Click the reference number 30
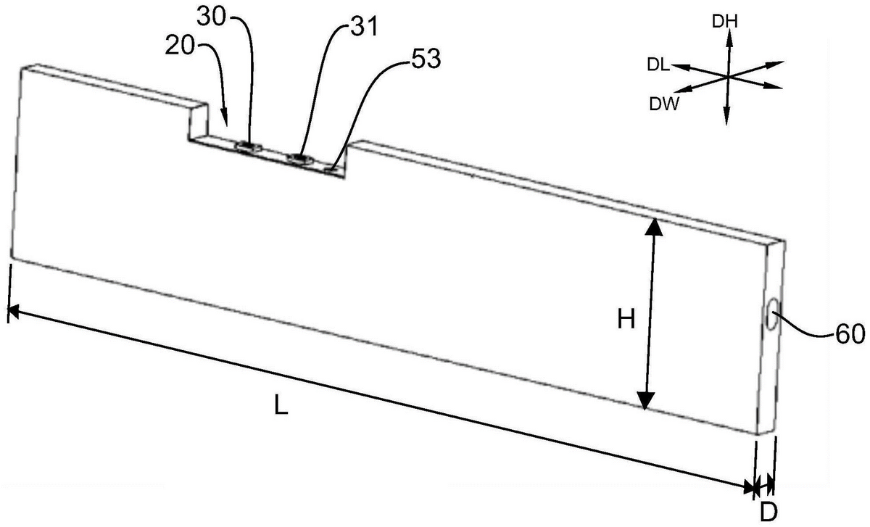click(x=212, y=17)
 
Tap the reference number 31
click(x=364, y=28)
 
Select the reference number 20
click(x=180, y=46)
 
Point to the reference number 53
click(x=426, y=59)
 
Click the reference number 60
click(x=850, y=334)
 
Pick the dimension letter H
click(x=626, y=320)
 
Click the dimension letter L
click(x=281, y=404)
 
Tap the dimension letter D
click(x=768, y=513)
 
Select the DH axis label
click(x=725, y=22)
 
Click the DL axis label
click(x=659, y=65)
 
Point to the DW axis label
click(x=665, y=104)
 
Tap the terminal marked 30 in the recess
click(x=249, y=147)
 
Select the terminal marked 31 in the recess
click(x=301, y=159)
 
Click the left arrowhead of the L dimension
click(x=14, y=312)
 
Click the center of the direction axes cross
click(x=727, y=77)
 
